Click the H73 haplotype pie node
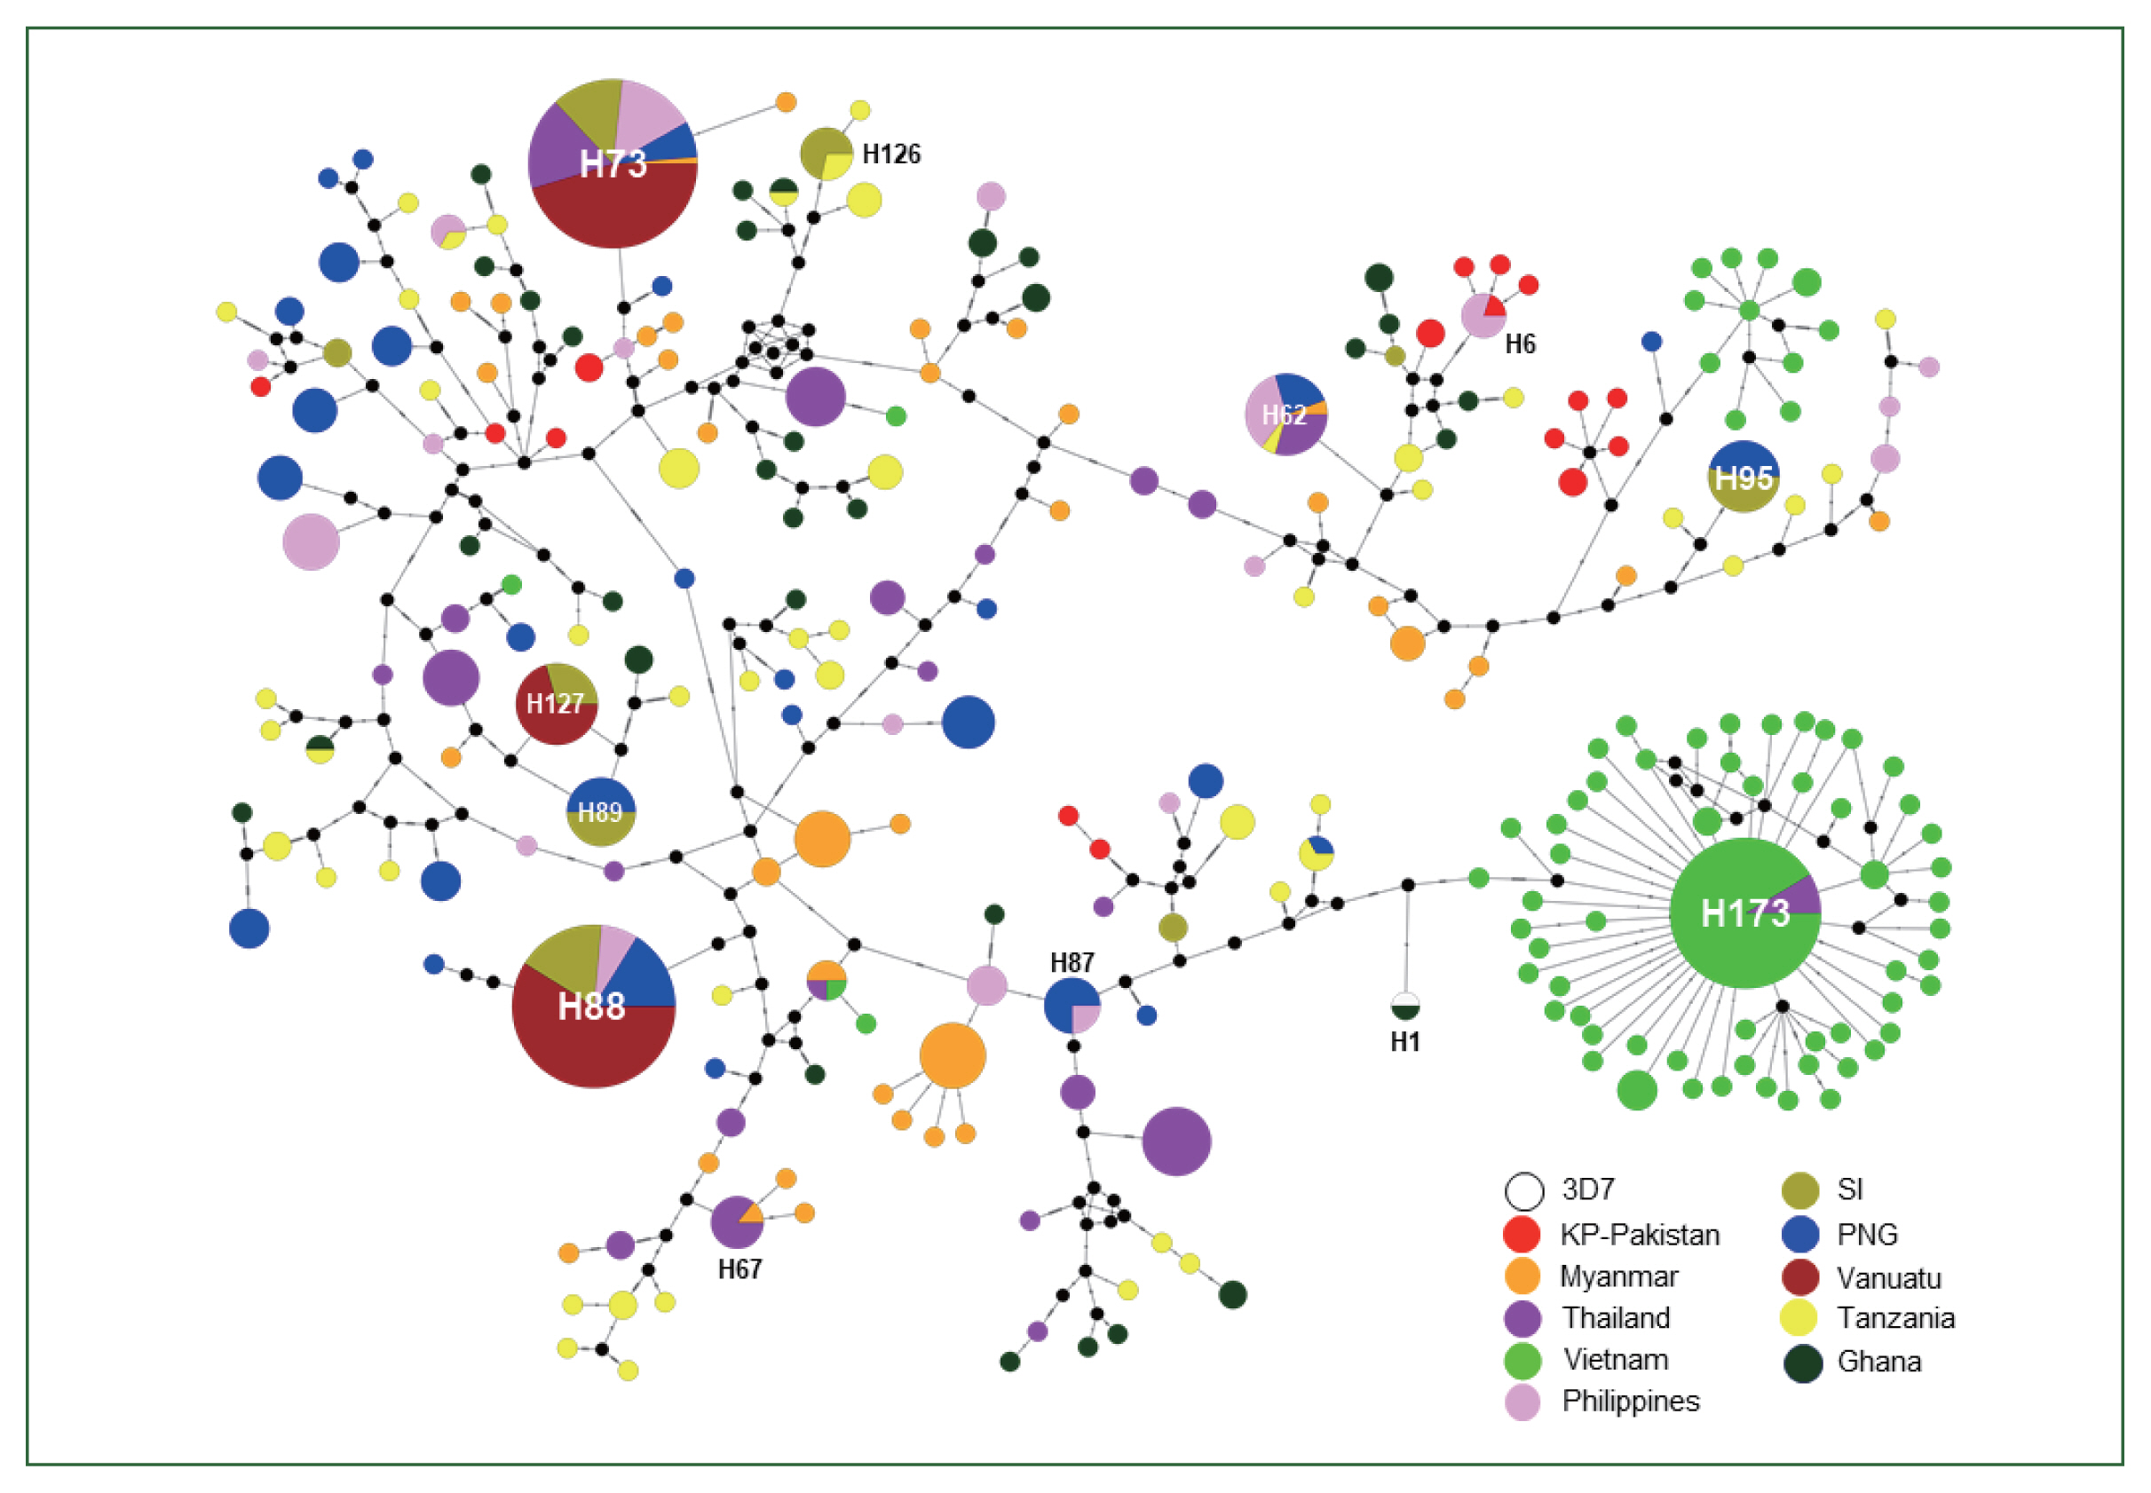613,163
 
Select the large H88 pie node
593,1007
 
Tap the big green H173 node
1744,913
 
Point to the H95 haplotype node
1743,477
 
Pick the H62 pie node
1285,415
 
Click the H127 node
557,704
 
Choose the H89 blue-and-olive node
601,811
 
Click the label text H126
890,154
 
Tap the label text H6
1520,344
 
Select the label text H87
1072,962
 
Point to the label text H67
739,1269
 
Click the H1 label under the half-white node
1404,1041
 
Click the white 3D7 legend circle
1523,1191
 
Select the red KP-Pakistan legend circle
1522,1235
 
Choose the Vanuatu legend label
1888,1278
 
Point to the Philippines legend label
1630,1401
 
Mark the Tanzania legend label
1895,1318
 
